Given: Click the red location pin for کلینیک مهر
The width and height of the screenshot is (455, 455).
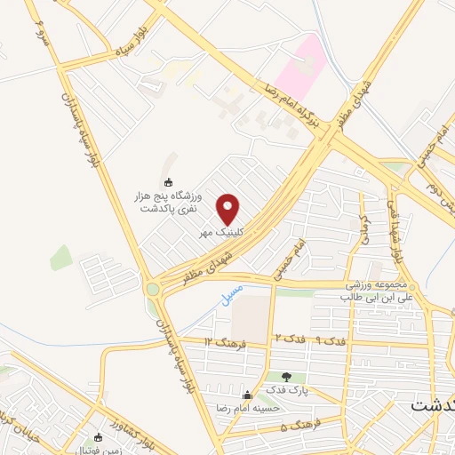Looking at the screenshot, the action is [x=228, y=209].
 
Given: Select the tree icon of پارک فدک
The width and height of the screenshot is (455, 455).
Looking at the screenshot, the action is [x=286, y=378].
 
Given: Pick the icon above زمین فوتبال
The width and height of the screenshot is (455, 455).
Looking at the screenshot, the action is [x=99, y=436].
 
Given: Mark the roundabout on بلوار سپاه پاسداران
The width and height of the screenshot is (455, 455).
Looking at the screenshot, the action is [x=153, y=288].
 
